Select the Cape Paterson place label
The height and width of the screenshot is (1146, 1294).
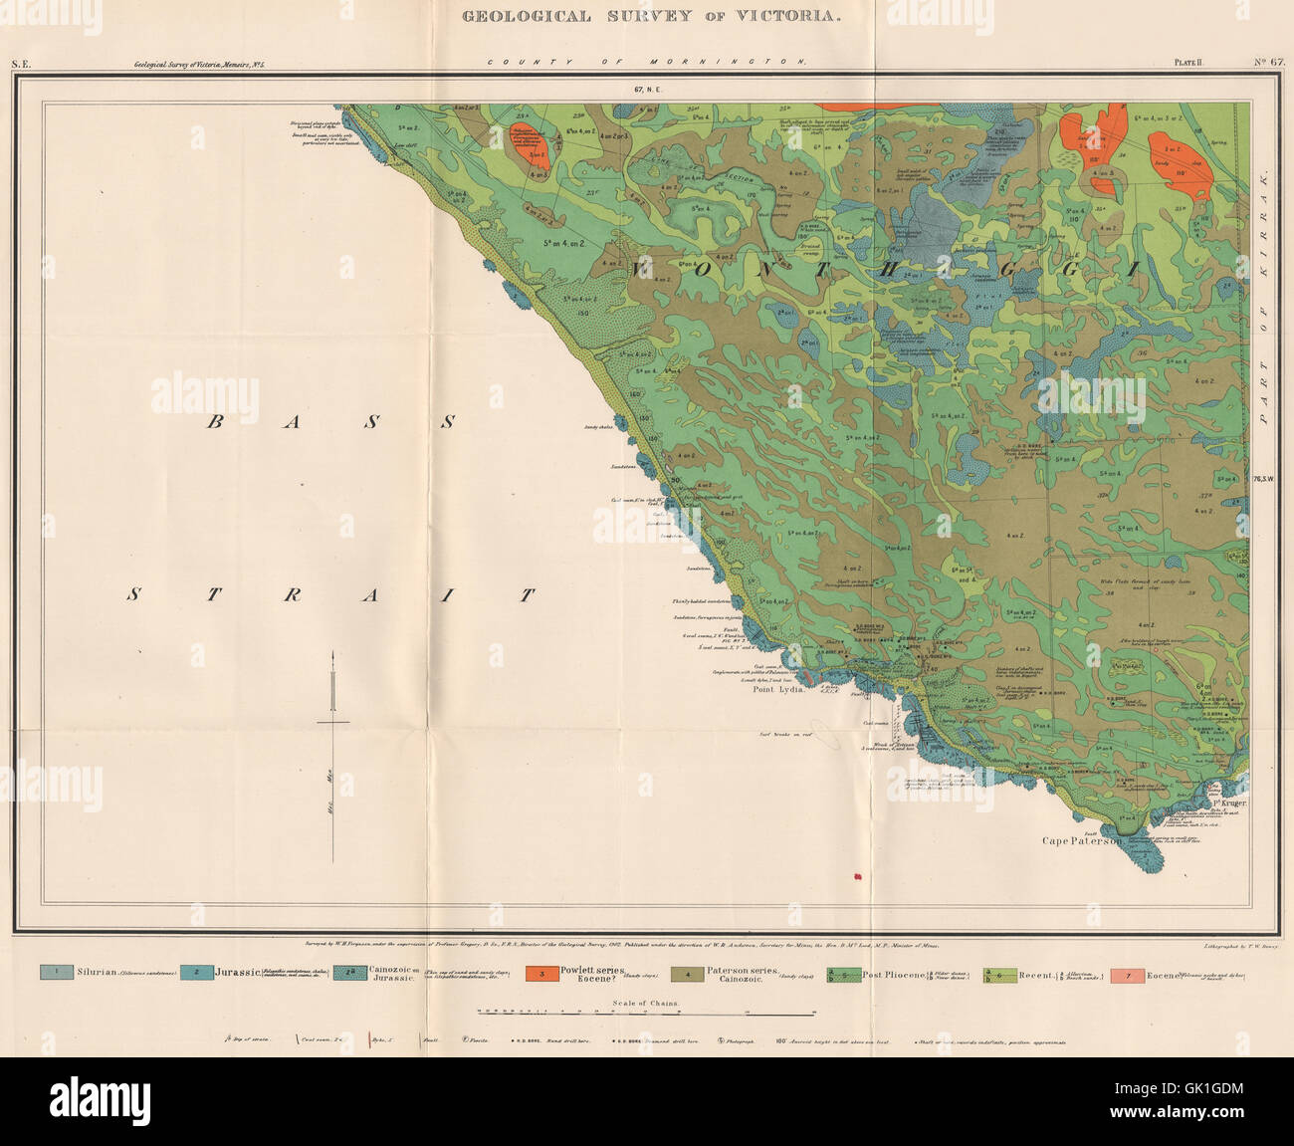click(1084, 840)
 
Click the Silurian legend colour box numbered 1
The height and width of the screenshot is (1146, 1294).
click(57, 972)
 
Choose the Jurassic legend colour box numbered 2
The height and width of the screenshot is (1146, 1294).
click(197, 972)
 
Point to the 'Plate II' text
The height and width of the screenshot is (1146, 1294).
click(1187, 63)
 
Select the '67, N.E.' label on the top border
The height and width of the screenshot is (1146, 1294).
click(647, 90)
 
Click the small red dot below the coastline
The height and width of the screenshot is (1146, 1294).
click(853, 876)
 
